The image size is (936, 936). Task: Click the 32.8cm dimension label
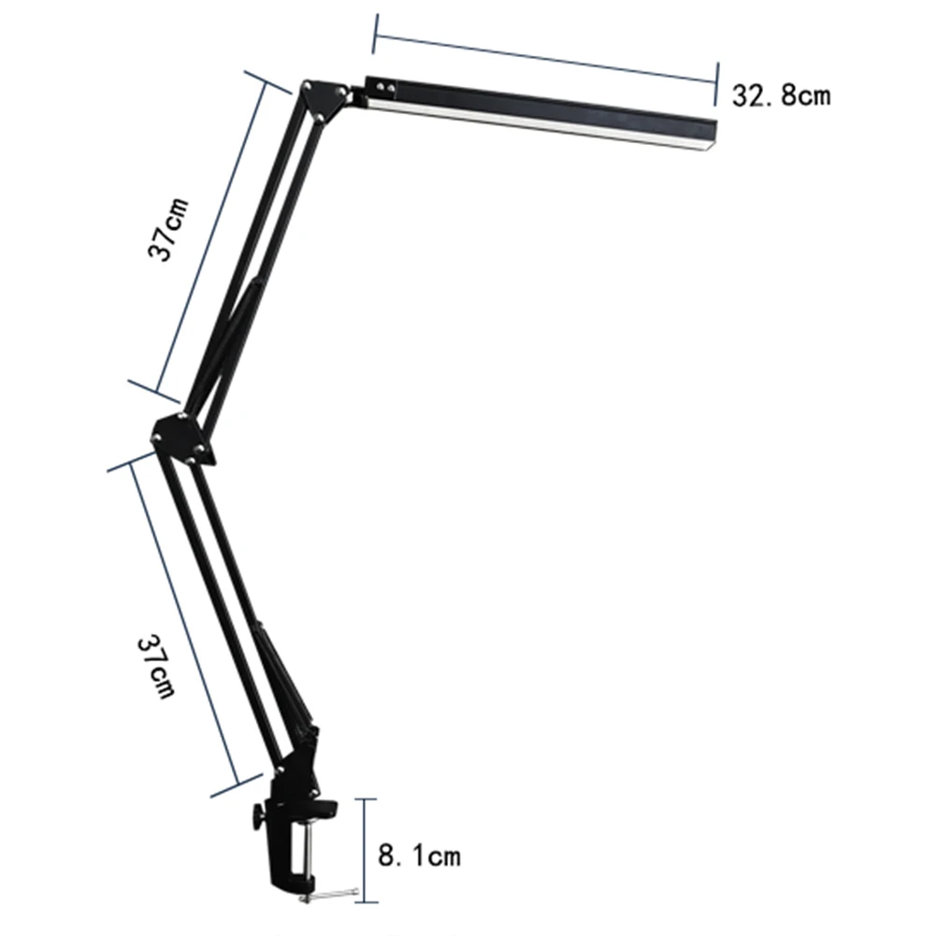coord(781,95)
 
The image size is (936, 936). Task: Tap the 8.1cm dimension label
coord(419,854)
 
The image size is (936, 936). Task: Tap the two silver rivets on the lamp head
coord(386,89)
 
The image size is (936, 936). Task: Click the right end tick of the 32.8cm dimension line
coord(717,82)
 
